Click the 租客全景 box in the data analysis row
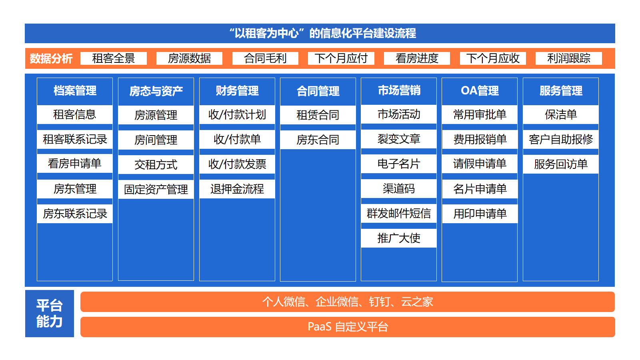pyautogui.click(x=114, y=58)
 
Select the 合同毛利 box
pyautogui.click(x=265, y=58)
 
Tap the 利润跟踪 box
pyautogui.click(x=568, y=58)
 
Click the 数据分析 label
pyautogui.click(x=51, y=58)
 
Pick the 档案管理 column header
pyautogui.click(x=75, y=91)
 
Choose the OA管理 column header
pyautogui.click(x=480, y=91)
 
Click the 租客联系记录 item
pyautogui.click(x=75, y=140)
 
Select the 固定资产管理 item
pyautogui.click(x=156, y=189)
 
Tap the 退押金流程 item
pyautogui.click(x=237, y=189)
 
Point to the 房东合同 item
pyautogui.click(x=318, y=140)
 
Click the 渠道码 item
pyautogui.click(x=399, y=188)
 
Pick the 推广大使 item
pyautogui.click(x=399, y=238)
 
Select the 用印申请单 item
pyautogui.click(x=480, y=214)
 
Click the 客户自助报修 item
pyautogui.click(x=561, y=140)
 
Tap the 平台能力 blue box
pyautogui.click(x=50, y=314)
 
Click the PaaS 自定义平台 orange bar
pyautogui.click(x=348, y=327)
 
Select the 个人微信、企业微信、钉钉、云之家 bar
pyautogui.click(x=348, y=302)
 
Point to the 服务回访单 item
pyautogui.click(x=561, y=164)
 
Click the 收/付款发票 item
pyautogui.click(x=237, y=164)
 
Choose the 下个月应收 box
pyautogui.click(x=493, y=58)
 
